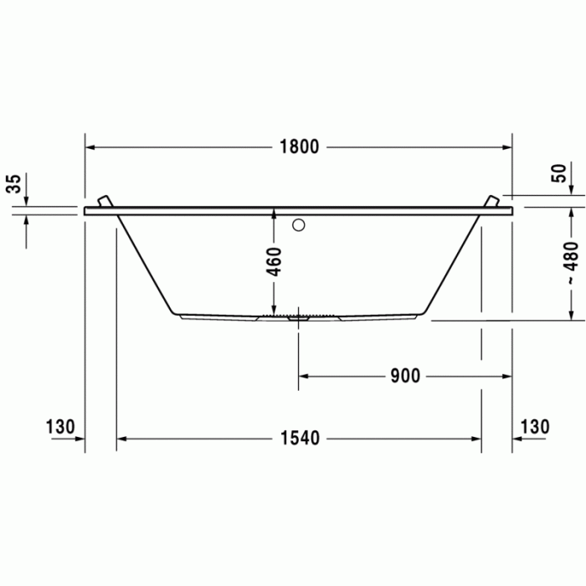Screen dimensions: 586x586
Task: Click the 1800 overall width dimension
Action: (300, 147)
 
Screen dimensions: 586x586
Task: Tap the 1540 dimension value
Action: (300, 439)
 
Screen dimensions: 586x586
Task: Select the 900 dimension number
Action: (405, 376)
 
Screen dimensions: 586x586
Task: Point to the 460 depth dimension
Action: (274, 261)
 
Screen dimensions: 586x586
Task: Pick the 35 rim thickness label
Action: (14, 184)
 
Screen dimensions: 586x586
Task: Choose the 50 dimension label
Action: (558, 174)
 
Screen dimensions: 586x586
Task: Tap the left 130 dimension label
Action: (60, 427)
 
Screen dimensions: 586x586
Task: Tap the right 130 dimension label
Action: (534, 427)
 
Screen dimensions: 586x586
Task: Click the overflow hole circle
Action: (299, 225)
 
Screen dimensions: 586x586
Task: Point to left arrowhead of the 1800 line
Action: (90, 147)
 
